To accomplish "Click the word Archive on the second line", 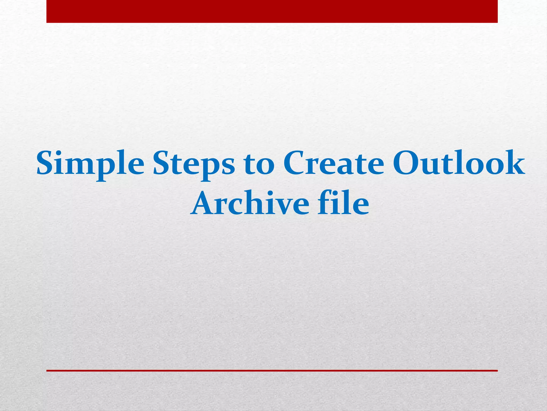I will pos(249,203).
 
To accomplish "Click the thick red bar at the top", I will pos(272,11).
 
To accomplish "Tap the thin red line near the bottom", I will pos(272,371).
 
